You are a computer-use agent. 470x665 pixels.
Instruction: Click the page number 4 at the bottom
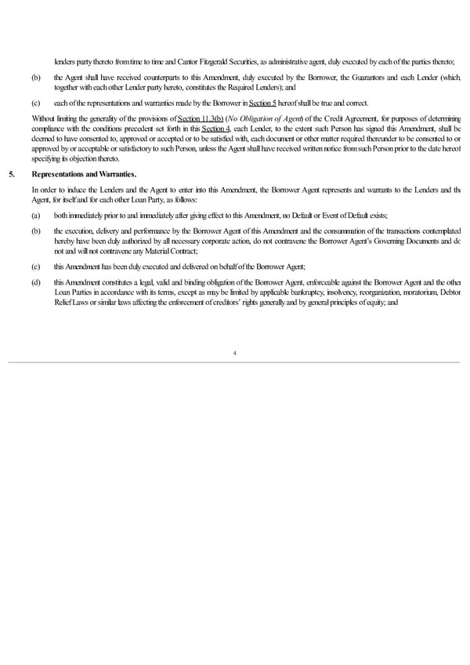(x=235, y=353)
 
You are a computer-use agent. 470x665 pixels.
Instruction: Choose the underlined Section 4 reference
(x=215, y=128)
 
